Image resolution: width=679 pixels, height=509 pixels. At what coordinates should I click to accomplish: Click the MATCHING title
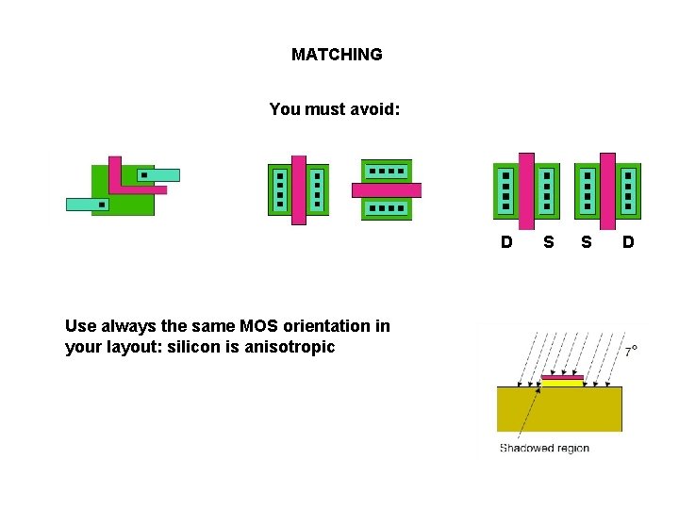point(337,55)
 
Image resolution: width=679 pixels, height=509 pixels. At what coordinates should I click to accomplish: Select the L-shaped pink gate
point(115,175)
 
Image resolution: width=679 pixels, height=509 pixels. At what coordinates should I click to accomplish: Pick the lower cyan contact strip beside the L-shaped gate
point(87,204)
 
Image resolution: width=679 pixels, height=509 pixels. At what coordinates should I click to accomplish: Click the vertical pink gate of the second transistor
point(298,189)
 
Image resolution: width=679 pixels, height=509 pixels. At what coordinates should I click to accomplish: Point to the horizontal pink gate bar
point(387,189)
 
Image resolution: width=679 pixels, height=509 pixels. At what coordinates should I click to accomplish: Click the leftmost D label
point(506,242)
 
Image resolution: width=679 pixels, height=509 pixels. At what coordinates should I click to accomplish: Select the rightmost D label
point(628,242)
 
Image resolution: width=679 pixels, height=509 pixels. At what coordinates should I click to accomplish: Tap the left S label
point(548,242)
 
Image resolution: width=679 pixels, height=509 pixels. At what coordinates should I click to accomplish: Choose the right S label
point(587,242)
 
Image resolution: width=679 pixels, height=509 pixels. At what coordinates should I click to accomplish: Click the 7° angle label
point(631,351)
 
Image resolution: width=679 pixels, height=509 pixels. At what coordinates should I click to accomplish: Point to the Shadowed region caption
point(544,448)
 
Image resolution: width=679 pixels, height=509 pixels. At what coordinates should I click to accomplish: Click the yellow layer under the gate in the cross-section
point(562,383)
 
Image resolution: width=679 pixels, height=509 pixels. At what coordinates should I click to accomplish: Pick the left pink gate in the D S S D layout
point(526,190)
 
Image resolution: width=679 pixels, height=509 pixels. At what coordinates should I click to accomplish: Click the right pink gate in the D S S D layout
point(607,190)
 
